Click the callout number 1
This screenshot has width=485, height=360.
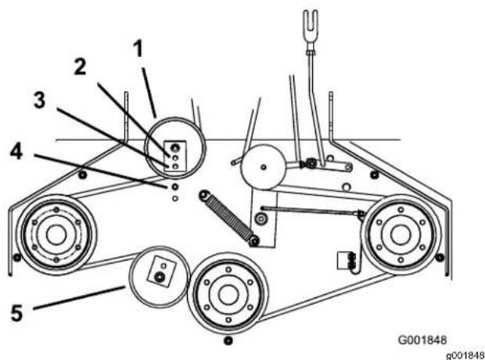click(x=138, y=49)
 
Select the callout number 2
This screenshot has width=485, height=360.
click(x=80, y=67)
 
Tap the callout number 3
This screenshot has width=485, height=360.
click(x=40, y=100)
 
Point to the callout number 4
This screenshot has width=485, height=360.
click(x=16, y=152)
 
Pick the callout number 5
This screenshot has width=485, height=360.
click(x=16, y=312)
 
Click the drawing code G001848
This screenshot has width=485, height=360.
click(x=422, y=340)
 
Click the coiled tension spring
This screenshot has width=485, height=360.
click(x=228, y=218)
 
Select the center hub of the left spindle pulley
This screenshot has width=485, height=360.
click(x=56, y=235)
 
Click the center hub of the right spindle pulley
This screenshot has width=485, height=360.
click(x=401, y=235)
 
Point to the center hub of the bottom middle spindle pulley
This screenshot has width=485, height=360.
click(x=228, y=295)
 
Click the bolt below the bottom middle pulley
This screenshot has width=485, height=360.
click(x=228, y=340)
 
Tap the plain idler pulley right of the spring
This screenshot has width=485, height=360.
click(x=263, y=167)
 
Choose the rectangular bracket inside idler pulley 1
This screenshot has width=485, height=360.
click(x=175, y=156)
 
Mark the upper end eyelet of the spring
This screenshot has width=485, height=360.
click(x=204, y=196)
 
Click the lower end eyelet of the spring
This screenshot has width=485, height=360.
click(x=254, y=241)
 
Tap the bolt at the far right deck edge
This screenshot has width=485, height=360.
click(x=440, y=257)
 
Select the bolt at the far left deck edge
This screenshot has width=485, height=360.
click(x=17, y=257)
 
